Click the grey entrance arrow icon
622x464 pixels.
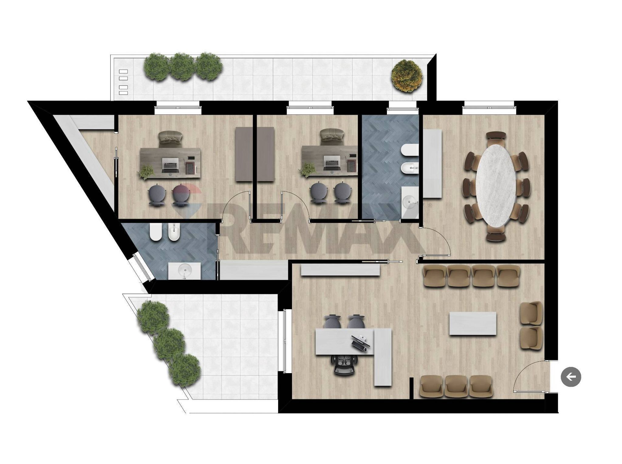pyautogui.click(x=571, y=377)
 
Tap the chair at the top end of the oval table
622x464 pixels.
pyautogui.click(x=496, y=137)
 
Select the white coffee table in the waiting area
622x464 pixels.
pyautogui.click(x=473, y=324)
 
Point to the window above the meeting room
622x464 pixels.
pyautogui.click(x=489, y=107)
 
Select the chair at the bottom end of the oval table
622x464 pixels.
pyautogui.click(x=496, y=235)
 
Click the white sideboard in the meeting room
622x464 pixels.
pyautogui.click(x=432, y=164)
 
